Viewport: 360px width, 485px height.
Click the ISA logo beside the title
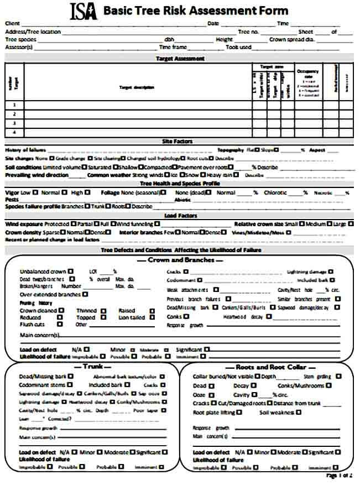click(84, 11)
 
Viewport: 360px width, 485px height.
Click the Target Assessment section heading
click(180, 58)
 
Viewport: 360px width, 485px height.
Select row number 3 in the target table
click(14, 123)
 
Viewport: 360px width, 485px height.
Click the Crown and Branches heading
click(180, 260)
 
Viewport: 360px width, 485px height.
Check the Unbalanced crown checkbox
click(71, 272)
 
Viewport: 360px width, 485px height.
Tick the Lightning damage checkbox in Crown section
click(331, 272)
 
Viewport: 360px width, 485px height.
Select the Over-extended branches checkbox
click(85, 295)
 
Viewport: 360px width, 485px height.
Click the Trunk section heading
click(90, 367)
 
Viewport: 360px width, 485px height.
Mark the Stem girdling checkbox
click(338, 376)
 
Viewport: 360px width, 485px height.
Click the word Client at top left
click(13, 23)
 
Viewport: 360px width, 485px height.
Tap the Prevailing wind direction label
click(37, 175)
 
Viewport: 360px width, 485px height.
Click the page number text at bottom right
click(339, 476)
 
